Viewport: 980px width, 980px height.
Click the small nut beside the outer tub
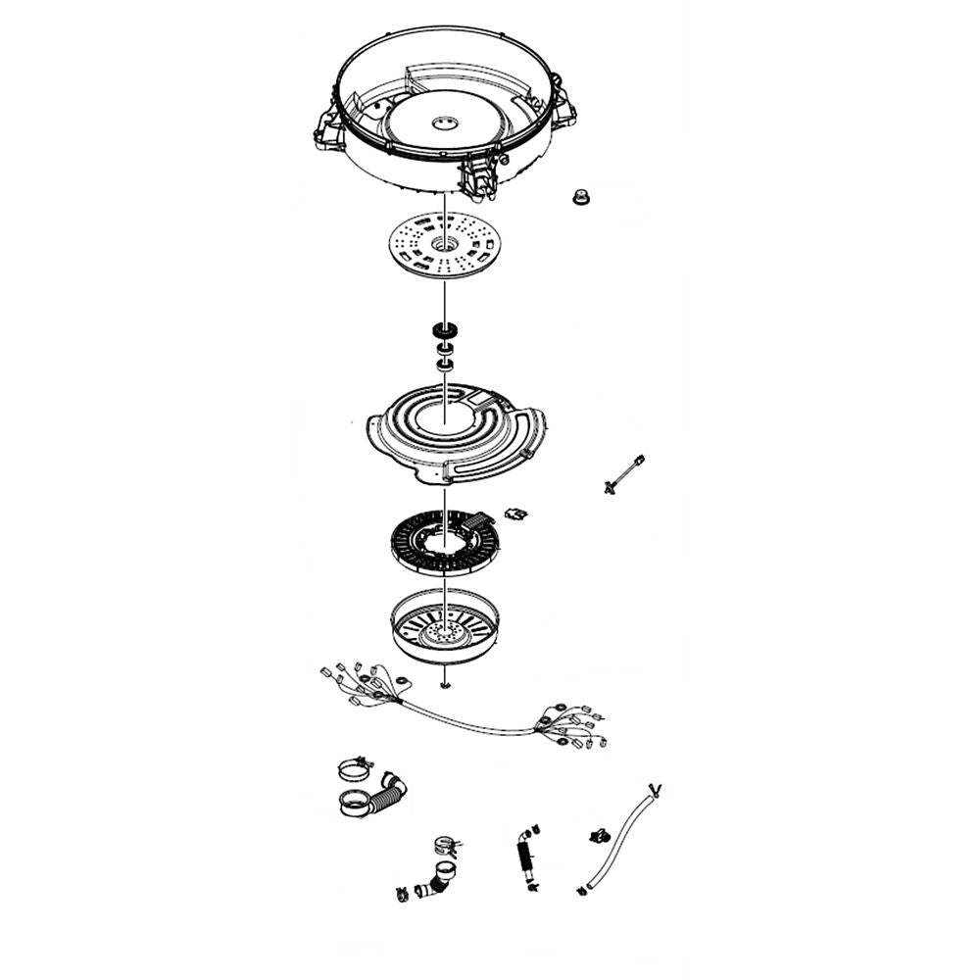[580, 198]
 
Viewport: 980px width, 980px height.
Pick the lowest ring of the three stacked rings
[444, 365]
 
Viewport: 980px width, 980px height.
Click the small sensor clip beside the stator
[514, 512]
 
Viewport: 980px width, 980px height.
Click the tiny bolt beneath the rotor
[444, 687]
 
